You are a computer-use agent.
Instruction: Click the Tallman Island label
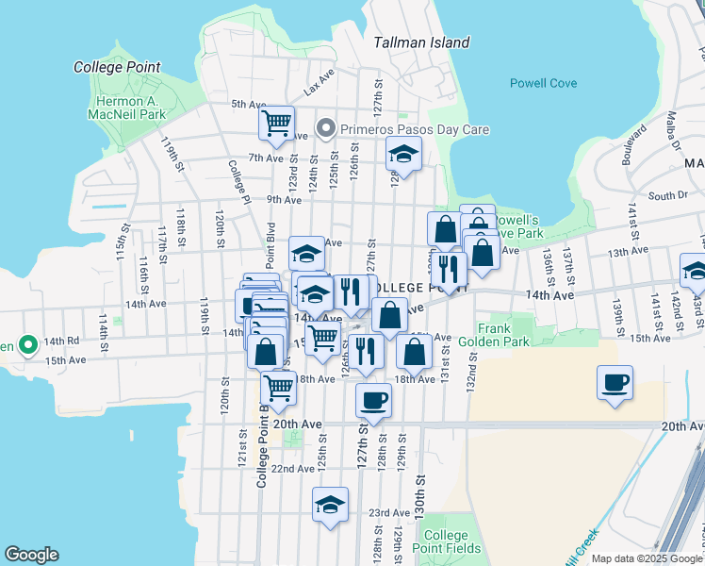tap(421, 42)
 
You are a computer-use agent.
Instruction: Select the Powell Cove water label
tap(543, 83)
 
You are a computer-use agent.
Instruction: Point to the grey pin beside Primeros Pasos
tap(327, 127)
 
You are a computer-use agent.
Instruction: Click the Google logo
tap(31, 555)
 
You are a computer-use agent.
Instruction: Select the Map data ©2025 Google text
tap(646, 558)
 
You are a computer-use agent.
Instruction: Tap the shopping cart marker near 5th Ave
tap(277, 124)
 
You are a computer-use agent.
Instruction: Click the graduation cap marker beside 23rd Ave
tap(330, 505)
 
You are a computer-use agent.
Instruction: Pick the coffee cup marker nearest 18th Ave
tap(373, 401)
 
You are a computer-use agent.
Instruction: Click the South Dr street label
tap(668, 195)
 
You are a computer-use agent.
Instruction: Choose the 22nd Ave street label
tap(292, 469)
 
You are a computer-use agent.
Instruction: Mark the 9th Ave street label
tap(283, 199)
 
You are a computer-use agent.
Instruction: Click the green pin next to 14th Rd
tap(27, 344)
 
